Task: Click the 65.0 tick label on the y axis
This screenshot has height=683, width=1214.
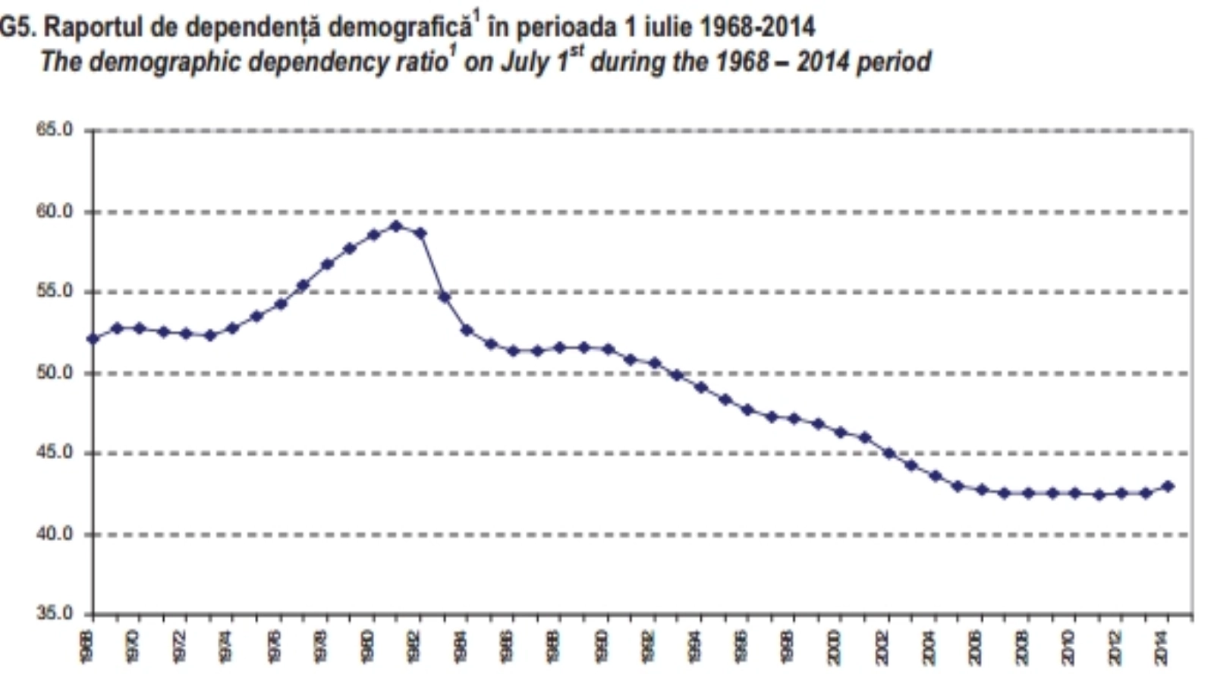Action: [x=54, y=130]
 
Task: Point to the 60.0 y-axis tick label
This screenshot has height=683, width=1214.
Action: [x=54, y=212]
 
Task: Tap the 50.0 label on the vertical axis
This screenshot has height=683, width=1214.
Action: [x=54, y=373]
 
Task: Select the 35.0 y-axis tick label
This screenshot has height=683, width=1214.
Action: [x=54, y=613]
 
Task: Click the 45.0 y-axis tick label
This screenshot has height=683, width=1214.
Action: [x=54, y=453]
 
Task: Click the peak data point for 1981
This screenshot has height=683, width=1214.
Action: [x=396, y=226]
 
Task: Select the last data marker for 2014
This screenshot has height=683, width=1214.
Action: [x=1168, y=486]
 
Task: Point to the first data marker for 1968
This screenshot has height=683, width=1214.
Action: [x=93, y=338]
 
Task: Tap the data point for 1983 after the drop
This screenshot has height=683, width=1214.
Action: [x=444, y=297]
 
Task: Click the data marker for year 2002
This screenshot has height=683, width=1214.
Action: [x=888, y=453]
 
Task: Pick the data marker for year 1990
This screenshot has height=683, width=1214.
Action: [x=608, y=349]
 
